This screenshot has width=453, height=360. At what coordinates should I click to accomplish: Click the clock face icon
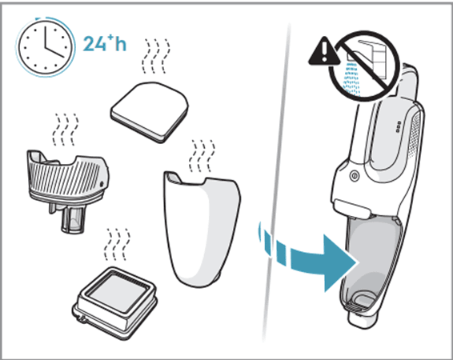point(46,47)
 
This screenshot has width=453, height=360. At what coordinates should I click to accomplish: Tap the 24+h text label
point(105,43)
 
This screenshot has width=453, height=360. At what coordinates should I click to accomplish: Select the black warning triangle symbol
point(324,51)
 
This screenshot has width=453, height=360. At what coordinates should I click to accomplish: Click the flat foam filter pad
point(150,112)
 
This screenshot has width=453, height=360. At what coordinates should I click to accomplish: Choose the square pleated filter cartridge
point(114,302)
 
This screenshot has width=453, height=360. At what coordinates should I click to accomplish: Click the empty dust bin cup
point(202,229)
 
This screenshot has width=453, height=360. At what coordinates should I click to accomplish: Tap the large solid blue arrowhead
point(339,263)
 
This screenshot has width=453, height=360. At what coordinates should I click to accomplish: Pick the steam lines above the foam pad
point(156,56)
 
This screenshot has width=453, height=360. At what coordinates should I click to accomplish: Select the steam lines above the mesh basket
point(66,130)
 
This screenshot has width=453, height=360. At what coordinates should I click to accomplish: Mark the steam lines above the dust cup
point(202,156)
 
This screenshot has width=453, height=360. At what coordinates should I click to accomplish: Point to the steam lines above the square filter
point(117,245)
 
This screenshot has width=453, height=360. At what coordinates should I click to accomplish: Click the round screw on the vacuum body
point(354,175)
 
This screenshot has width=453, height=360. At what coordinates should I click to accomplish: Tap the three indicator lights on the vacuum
point(399,127)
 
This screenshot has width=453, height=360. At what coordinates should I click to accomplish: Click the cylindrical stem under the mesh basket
point(70,220)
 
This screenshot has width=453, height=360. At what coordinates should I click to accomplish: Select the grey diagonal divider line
point(276,183)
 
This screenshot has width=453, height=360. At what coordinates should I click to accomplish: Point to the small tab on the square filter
point(82,319)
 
